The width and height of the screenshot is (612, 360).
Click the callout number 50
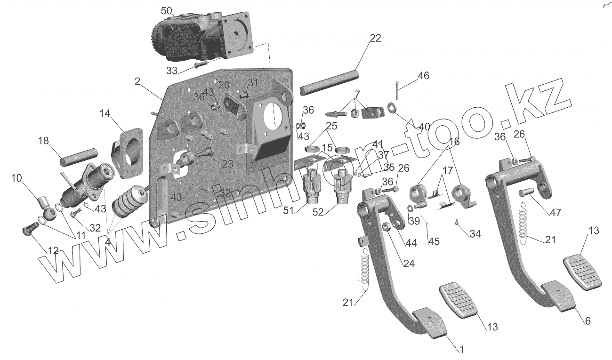[x=167, y=10]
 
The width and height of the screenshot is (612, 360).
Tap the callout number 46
[x=423, y=75]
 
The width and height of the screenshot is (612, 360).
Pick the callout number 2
[x=137, y=81]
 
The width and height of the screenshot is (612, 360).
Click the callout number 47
[x=556, y=212]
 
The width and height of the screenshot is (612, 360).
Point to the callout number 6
[x=588, y=321]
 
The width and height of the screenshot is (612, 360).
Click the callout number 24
[x=409, y=264]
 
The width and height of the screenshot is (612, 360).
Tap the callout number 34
[x=475, y=233]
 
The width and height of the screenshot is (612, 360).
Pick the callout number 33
[x=172, y=71]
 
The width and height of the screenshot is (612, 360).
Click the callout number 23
[x=227, y=165]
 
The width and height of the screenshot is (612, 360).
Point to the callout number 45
[x=434, y=241]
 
